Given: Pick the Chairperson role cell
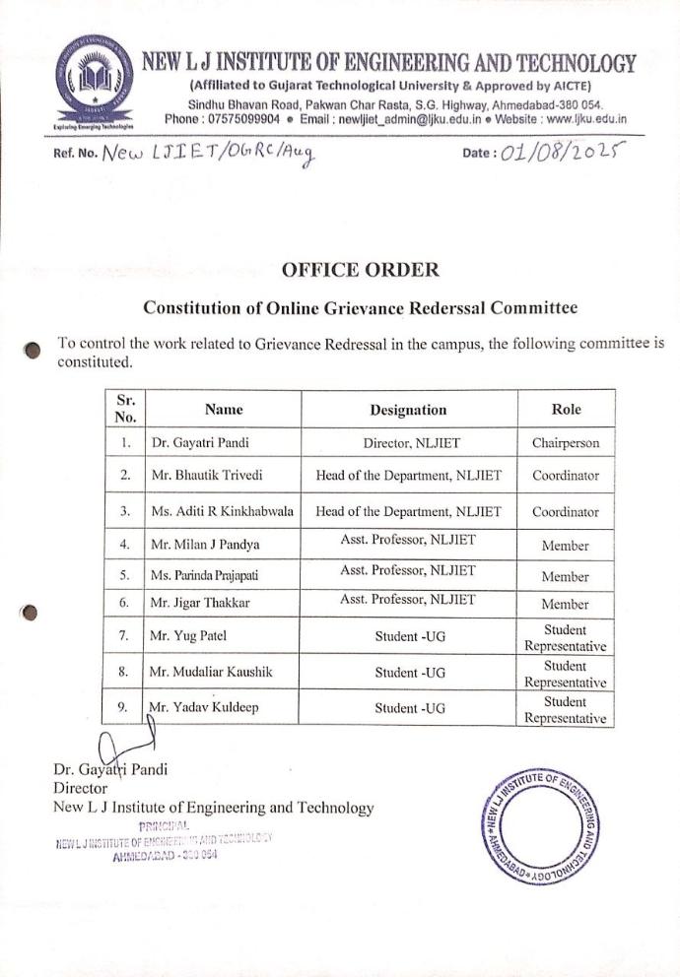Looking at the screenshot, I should pos(566,443).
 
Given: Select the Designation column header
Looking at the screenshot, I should pos(408,410).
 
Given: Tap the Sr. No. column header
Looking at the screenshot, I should pos(124,409).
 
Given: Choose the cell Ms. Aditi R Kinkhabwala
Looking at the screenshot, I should pos(223,512).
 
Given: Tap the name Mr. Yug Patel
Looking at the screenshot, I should pos(189,636).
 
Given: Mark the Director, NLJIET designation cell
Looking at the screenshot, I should pos(408,443).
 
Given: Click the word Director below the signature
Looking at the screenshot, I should pos(79,788).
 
